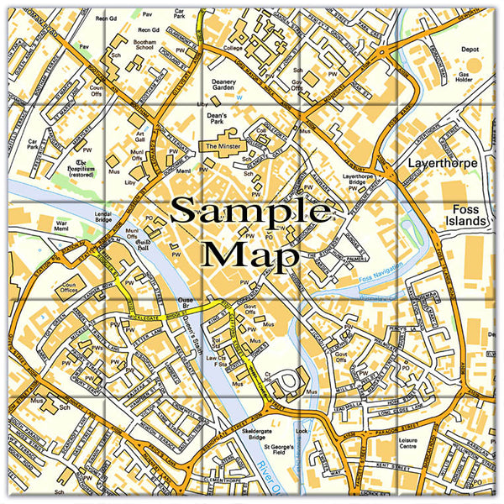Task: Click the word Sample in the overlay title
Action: pyautogui.click(x=251, y=213)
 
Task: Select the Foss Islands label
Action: pyautogui.click(x=468, y=213)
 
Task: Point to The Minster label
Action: pyautogui.click(x=223, y=145)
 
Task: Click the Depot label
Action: pyautogui.click(x=471, y=49)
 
